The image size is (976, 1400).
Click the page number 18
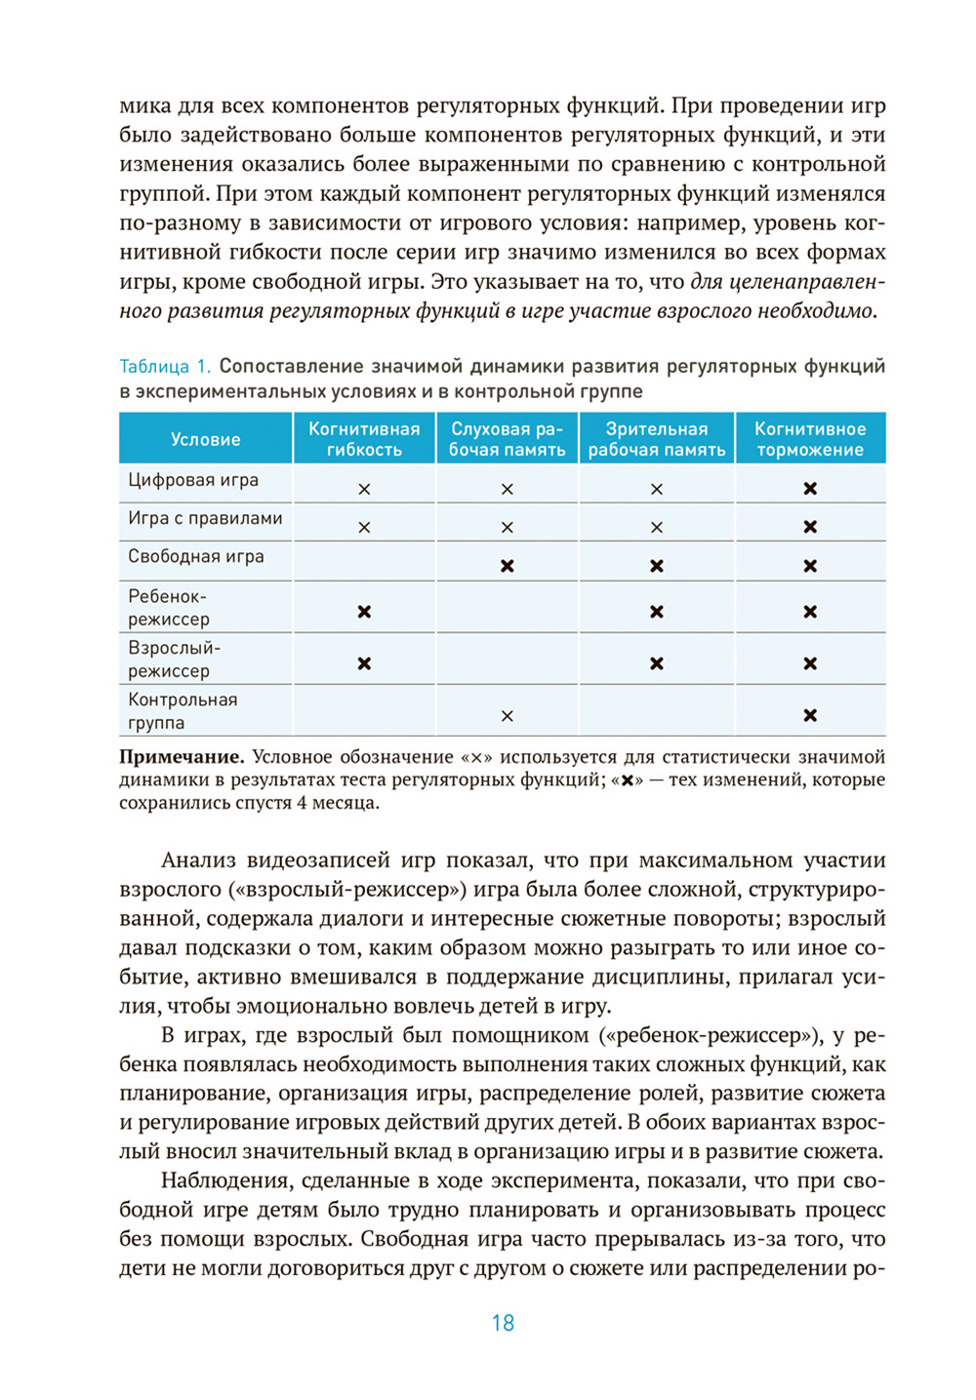[x=503, y=1323]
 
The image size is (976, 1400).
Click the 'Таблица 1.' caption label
[x=164, y=367]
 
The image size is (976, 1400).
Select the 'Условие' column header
[x=205, y=439]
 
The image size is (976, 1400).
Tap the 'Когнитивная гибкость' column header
[x=364, y=439]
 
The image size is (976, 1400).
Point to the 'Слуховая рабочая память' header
[x=507, y=439]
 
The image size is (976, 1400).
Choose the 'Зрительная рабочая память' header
[x=656, y=439]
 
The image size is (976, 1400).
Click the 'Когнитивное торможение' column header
[x=810, y=439]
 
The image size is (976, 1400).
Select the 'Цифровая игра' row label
[x=193, y=480]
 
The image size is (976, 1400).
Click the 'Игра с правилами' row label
[x=205, y=518]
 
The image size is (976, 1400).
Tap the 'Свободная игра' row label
[x=196, y=556]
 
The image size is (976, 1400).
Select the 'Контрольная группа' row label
[x=183, y=710]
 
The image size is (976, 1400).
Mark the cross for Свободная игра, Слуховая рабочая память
[x=508, y=566]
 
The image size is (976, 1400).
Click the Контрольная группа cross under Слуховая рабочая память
[x=508, y=716]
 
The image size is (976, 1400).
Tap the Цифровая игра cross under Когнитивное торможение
[x=810, y=489]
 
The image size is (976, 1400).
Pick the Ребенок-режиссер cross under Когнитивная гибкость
[x=364, y=612]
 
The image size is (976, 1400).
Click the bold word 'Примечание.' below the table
[x=181, y=757]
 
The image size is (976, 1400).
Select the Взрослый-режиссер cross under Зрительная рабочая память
[x=657, y=663]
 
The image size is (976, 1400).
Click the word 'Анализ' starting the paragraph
[x=197, y=860]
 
